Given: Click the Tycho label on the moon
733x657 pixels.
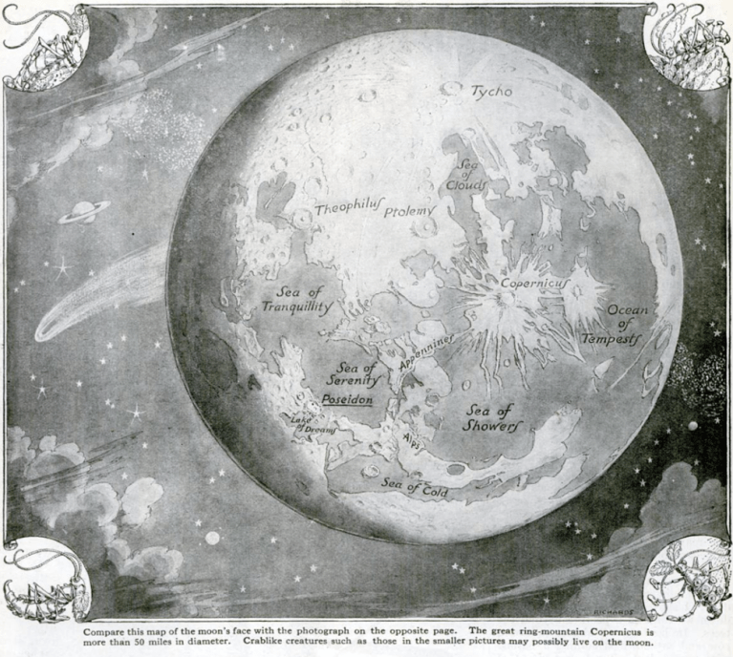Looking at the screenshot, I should [x=490, y=92].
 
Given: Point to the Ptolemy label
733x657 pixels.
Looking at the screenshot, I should [x=409, y=211].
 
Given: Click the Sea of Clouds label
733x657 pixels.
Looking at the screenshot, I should [x=471, y=173].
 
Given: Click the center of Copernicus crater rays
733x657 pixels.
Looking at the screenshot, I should [x=507, y=299].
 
